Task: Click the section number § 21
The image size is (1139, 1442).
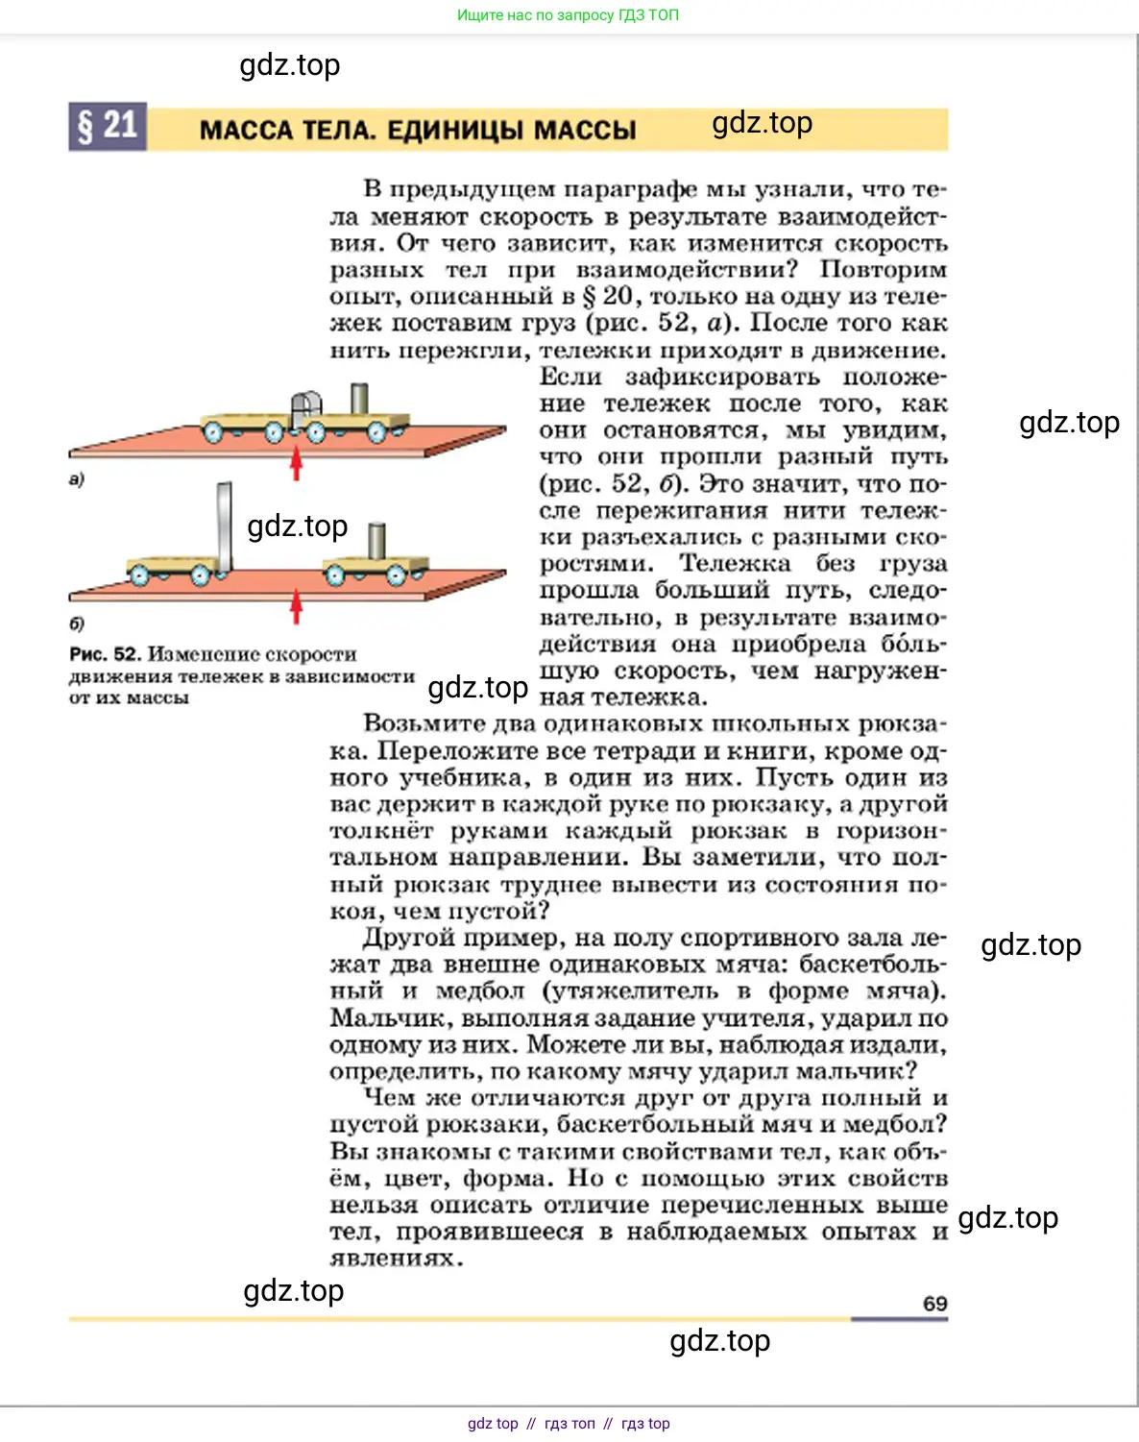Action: (108, 126)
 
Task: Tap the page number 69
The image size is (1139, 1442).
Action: (934, 1304)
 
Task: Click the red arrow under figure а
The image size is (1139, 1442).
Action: (297, 462)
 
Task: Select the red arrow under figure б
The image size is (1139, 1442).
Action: (297, 607)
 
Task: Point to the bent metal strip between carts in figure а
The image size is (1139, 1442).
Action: (306, 409)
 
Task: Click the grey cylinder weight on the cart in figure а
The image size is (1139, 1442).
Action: (359, 400)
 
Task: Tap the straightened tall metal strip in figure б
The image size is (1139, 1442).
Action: (225, 527)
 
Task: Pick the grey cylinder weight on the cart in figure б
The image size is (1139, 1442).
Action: (377, 540)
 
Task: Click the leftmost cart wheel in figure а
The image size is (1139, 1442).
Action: (212, 432)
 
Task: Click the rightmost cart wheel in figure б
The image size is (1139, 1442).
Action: (396, 576)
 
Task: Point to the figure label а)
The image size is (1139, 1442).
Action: (77, 478)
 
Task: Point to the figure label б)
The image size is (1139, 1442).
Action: (77, 623)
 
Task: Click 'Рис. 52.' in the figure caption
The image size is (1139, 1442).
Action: (105, 654)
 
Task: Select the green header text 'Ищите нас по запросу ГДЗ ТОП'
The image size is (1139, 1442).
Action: (568, 15)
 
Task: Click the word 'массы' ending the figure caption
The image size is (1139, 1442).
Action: (158, 698)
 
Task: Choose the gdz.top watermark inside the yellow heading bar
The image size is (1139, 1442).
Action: (762, 123)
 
